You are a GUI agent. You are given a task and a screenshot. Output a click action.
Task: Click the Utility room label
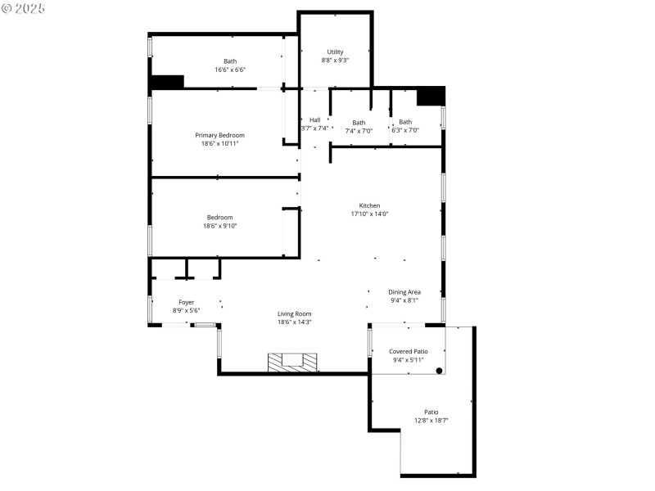335,52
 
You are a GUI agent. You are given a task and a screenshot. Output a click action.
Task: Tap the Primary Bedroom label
219,135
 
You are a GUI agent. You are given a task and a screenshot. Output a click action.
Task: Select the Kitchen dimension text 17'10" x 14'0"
369,214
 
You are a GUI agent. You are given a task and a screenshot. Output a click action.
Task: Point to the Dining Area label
404,292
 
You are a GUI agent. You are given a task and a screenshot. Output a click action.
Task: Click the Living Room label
294,313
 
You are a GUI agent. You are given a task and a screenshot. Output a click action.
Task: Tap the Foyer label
186,302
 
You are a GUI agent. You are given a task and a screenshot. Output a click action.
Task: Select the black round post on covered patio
439,371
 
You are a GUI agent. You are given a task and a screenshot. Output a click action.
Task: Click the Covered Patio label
408,351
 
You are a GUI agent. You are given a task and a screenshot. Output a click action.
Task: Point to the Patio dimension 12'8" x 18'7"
431,421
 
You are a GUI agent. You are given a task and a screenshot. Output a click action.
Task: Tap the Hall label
314,120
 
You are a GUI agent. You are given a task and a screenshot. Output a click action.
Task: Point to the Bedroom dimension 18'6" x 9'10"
219,226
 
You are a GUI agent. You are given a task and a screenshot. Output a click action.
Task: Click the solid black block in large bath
167,82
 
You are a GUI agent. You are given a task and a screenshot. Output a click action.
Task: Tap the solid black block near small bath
430,96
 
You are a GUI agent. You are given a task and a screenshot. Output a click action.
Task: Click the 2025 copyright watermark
24,7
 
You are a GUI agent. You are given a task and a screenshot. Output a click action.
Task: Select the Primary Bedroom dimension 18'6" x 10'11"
219,144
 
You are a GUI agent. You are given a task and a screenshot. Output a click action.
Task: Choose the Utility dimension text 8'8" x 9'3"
335,61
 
